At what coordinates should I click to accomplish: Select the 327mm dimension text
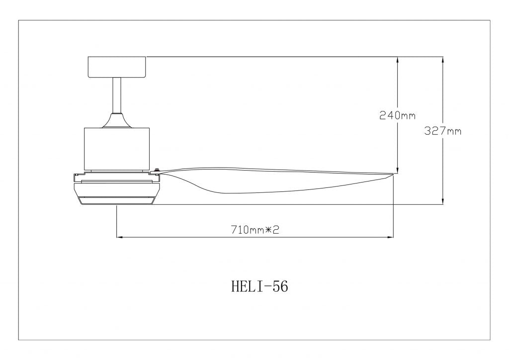[x=443, y=131]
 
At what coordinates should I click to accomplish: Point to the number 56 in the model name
[x=280, y=287]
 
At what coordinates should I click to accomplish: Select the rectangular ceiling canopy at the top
[x=117, y=67]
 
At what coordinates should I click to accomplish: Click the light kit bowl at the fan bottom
[x=116, y=194]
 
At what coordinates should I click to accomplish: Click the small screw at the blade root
[x=157, y=171]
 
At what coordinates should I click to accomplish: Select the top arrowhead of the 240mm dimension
[x=398, y=60]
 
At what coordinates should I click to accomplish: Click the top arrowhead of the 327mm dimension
[x=443, y=60]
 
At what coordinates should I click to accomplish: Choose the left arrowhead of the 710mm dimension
[x=120, y=237]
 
